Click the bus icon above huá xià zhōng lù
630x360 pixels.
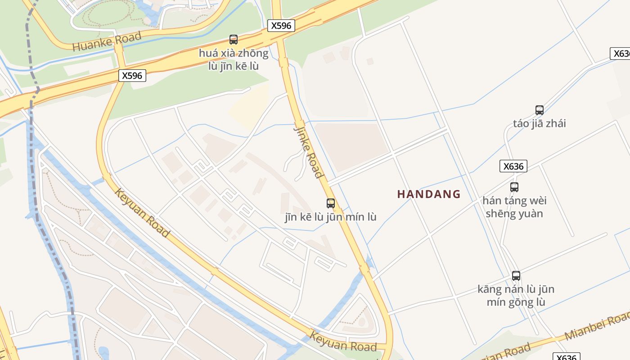point(234,40)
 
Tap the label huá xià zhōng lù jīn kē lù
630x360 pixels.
point(234,59)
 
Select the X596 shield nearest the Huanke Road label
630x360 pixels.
point(132,76)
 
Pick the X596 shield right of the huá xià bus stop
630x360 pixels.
point(281,26)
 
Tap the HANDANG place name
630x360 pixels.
point(429,194)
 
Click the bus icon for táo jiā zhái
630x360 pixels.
point(539,110)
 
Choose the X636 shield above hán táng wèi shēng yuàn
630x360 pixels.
point(513,166)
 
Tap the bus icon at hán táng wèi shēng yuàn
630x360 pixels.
point(514,187)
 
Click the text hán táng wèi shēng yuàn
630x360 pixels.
point(514,207)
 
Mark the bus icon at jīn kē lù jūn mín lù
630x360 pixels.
point(331,203)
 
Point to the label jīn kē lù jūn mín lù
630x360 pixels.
point(330,217)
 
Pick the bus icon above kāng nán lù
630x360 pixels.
point(516,276)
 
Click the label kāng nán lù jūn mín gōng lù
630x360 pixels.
point(516,295)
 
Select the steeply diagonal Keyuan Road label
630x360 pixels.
point(142,213)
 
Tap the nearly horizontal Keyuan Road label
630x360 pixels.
point(343,342)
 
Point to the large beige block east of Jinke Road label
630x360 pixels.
point(351,146)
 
